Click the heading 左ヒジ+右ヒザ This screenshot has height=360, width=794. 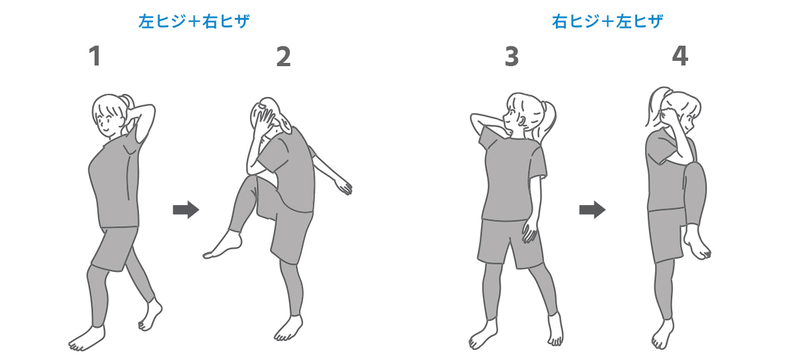pyautogui.click(x=194, y=21)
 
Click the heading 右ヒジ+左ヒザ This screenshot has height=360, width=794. pyautogui.click(x=607, y=21)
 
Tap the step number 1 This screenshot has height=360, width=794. pyautogui.click(x=95, y=56)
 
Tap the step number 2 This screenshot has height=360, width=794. pyautogui.click(x=284, y=57)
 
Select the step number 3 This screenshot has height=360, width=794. pyautogui.click(x=511, y=57)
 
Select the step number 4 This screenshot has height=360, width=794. pyautogui.click(x=680, y=56)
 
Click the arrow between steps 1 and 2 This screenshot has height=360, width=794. pyautogui.click(x=186, y=210)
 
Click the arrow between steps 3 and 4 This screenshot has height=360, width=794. pyautogui.click(x=592, y=210)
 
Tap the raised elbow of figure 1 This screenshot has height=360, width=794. pyautogui.click(x=151, y=108)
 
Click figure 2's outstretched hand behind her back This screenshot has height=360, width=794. pyautogui.click(x=344, y=186)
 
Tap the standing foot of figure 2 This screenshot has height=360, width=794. pyautogui.click(x=288, y=328)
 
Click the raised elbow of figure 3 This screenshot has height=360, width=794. pyautogui.click(x=475, y=120)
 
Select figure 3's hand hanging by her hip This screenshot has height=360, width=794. pyautogui.click(x=530, y=230)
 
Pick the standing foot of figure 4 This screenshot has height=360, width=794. pyautogui.click(x=662, y=334)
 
